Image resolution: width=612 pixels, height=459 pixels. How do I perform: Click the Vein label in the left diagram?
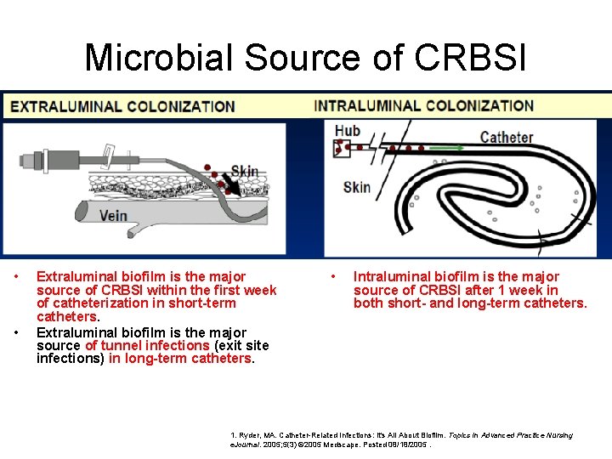113,215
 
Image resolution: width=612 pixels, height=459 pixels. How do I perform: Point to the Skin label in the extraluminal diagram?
244,172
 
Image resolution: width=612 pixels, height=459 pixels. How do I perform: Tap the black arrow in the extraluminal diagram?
229,181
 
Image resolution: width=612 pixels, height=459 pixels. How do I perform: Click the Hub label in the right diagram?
348,130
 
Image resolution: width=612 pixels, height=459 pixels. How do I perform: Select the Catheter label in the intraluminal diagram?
507,137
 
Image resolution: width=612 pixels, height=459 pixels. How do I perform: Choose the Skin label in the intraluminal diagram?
357,187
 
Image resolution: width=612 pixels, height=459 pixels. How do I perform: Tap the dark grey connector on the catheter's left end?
37,159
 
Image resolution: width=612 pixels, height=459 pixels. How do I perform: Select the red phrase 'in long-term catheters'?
181,358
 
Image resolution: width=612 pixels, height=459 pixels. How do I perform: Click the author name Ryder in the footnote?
252,435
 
